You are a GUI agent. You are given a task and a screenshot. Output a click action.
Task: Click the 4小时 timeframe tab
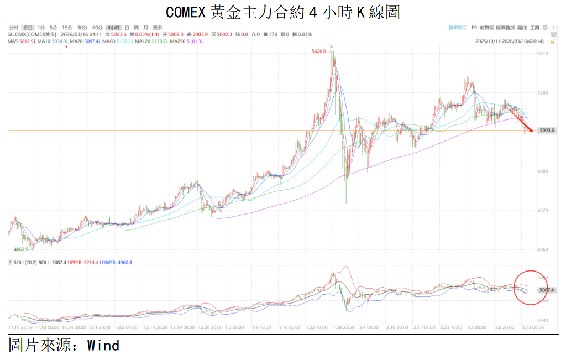click(114, 27)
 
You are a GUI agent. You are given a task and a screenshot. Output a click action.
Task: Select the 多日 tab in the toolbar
click(28, 27)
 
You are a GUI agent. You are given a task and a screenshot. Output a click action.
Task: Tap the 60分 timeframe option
click(97, 27)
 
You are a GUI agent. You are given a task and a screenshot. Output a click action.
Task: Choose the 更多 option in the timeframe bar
click(158, 27)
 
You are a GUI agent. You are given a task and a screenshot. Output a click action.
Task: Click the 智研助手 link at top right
click(458, 27)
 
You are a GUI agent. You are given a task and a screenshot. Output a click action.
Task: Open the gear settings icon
click(545, 27)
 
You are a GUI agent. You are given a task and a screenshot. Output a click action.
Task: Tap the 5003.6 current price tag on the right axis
click(546, 131)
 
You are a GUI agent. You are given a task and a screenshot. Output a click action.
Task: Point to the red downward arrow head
click(531, 131)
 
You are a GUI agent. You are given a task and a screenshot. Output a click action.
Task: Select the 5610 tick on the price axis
click(543, 54)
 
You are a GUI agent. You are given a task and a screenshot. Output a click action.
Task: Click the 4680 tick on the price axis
click(543, 171)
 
